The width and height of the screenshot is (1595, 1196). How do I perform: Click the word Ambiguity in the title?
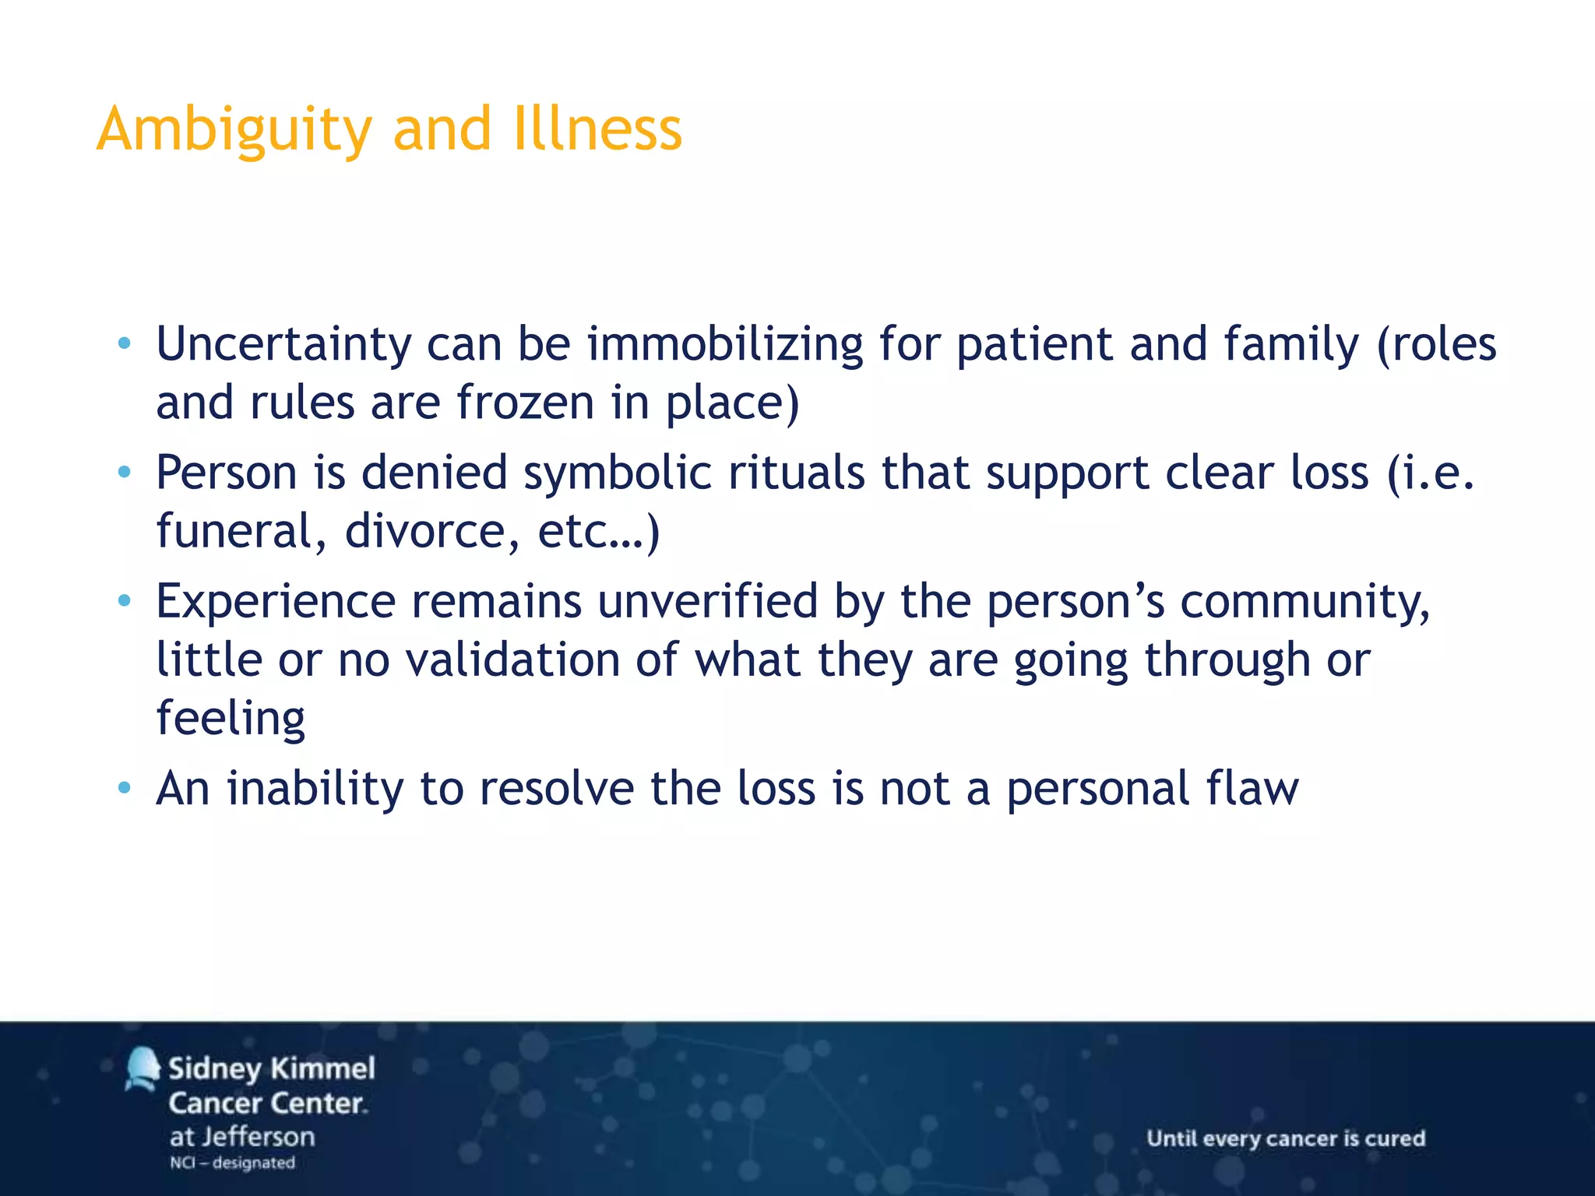(234, 130)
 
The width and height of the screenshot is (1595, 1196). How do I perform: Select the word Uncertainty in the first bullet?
(283, 344)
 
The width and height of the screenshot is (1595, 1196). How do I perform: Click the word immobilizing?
(724, 344)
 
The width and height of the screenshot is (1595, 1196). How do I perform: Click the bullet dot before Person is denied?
(124, 472)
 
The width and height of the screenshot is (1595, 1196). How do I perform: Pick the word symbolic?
(617, 473)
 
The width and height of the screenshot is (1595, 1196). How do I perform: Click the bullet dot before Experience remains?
(124, 600)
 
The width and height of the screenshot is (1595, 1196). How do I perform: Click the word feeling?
(231, 719)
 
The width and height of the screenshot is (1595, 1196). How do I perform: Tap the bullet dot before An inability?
(124, 788)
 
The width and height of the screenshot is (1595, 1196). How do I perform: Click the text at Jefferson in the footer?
(242, 1137)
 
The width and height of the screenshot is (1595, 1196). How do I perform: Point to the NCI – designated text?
(232, 1163)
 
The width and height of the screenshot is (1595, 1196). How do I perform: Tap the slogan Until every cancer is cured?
(1286, 1138)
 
